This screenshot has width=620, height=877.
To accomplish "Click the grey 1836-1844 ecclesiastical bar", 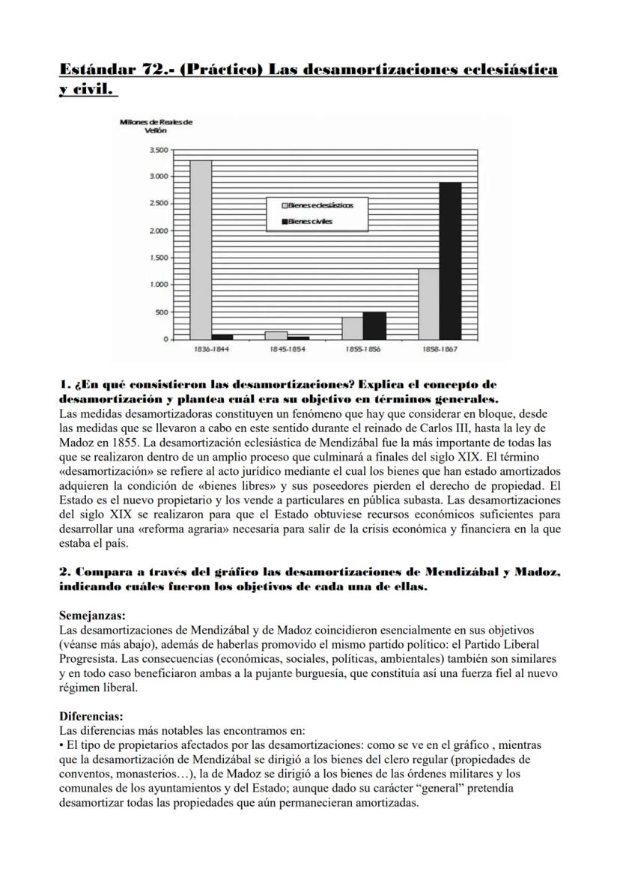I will pyautogui.click(x=200, y=250).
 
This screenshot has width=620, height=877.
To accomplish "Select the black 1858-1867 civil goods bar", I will pyautogui.click(x=450, y=261).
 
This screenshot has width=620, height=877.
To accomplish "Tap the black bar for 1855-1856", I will pyautogui.click(x=374, y=326).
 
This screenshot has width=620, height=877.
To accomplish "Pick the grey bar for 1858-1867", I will pyautogui.click(x=428, y=304).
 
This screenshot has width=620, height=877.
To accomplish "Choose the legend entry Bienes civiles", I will pyautogui.click(x=311, y=221).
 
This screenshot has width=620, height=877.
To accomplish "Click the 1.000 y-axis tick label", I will pyautogui.click(x=158, y=285).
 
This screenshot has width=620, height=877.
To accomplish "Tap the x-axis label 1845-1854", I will pyautogui.click(x=287, y=349).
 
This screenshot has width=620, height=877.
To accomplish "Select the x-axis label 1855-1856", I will pyautogui.click(x=363, y=349).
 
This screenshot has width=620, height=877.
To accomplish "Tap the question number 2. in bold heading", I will pyautogui.click(x=64, y=572).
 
